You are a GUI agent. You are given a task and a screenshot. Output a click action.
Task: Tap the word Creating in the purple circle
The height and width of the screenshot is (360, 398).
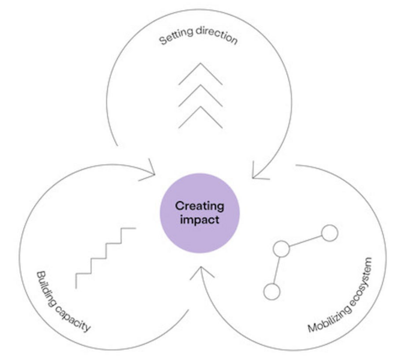pos(199,206)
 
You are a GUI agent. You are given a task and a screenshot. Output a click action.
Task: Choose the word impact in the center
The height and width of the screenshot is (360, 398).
pos(199,220)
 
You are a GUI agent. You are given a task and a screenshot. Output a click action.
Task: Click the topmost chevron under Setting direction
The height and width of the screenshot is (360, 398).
pos(199,73)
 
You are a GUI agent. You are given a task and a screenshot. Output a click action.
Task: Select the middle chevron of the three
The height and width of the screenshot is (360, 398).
pos(199,95)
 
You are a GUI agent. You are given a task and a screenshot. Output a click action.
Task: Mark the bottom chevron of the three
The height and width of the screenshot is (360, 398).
pos(199,118)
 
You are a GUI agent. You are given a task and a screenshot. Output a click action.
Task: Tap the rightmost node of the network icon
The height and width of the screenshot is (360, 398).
pos(330,233)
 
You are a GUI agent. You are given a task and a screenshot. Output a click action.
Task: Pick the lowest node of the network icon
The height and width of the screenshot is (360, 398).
pos(272,292)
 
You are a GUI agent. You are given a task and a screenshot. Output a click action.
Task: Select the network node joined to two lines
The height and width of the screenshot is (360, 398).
pos(281,248)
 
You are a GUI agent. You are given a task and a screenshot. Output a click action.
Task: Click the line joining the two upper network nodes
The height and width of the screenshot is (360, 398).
pos(306,240)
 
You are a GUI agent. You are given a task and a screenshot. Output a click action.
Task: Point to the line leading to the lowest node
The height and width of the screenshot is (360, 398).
pos(277,270)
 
